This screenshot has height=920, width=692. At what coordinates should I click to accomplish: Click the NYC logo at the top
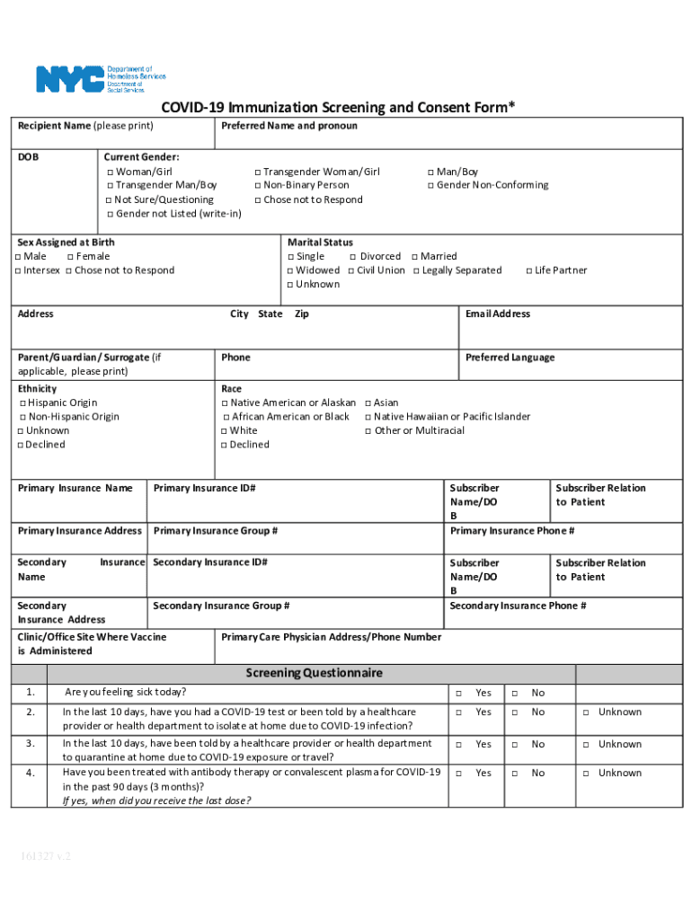pos(70,79)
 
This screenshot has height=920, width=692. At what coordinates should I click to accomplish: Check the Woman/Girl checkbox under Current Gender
pos(110,172)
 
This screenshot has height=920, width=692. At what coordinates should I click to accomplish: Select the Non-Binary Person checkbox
pos(257,186)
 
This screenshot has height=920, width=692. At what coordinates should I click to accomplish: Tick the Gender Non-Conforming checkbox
pos(430,186)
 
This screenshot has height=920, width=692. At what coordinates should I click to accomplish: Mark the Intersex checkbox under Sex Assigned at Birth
pos(18,271)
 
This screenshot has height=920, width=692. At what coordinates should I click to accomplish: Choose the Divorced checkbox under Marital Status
pos(353,257)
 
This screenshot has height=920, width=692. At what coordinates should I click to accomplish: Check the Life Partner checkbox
pos(528,271)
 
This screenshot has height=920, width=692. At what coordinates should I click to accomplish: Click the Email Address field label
pos(497,314)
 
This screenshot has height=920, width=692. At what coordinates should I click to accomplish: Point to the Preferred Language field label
pos(510,358)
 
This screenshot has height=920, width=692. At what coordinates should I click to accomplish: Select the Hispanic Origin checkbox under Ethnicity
pos(22,403)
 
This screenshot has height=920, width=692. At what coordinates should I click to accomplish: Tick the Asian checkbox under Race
pos(368,403)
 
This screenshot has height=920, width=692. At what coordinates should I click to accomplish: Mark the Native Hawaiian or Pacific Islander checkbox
pos(368,417)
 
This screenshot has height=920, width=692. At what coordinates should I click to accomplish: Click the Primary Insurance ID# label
pos(205,489)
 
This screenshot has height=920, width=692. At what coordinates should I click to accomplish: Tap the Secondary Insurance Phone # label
pos(518,606)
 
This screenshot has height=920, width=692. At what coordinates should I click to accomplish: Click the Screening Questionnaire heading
pos(314,673)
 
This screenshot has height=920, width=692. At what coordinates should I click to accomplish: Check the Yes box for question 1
pos(458,694)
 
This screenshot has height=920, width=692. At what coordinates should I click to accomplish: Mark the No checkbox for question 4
pos(515,774)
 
